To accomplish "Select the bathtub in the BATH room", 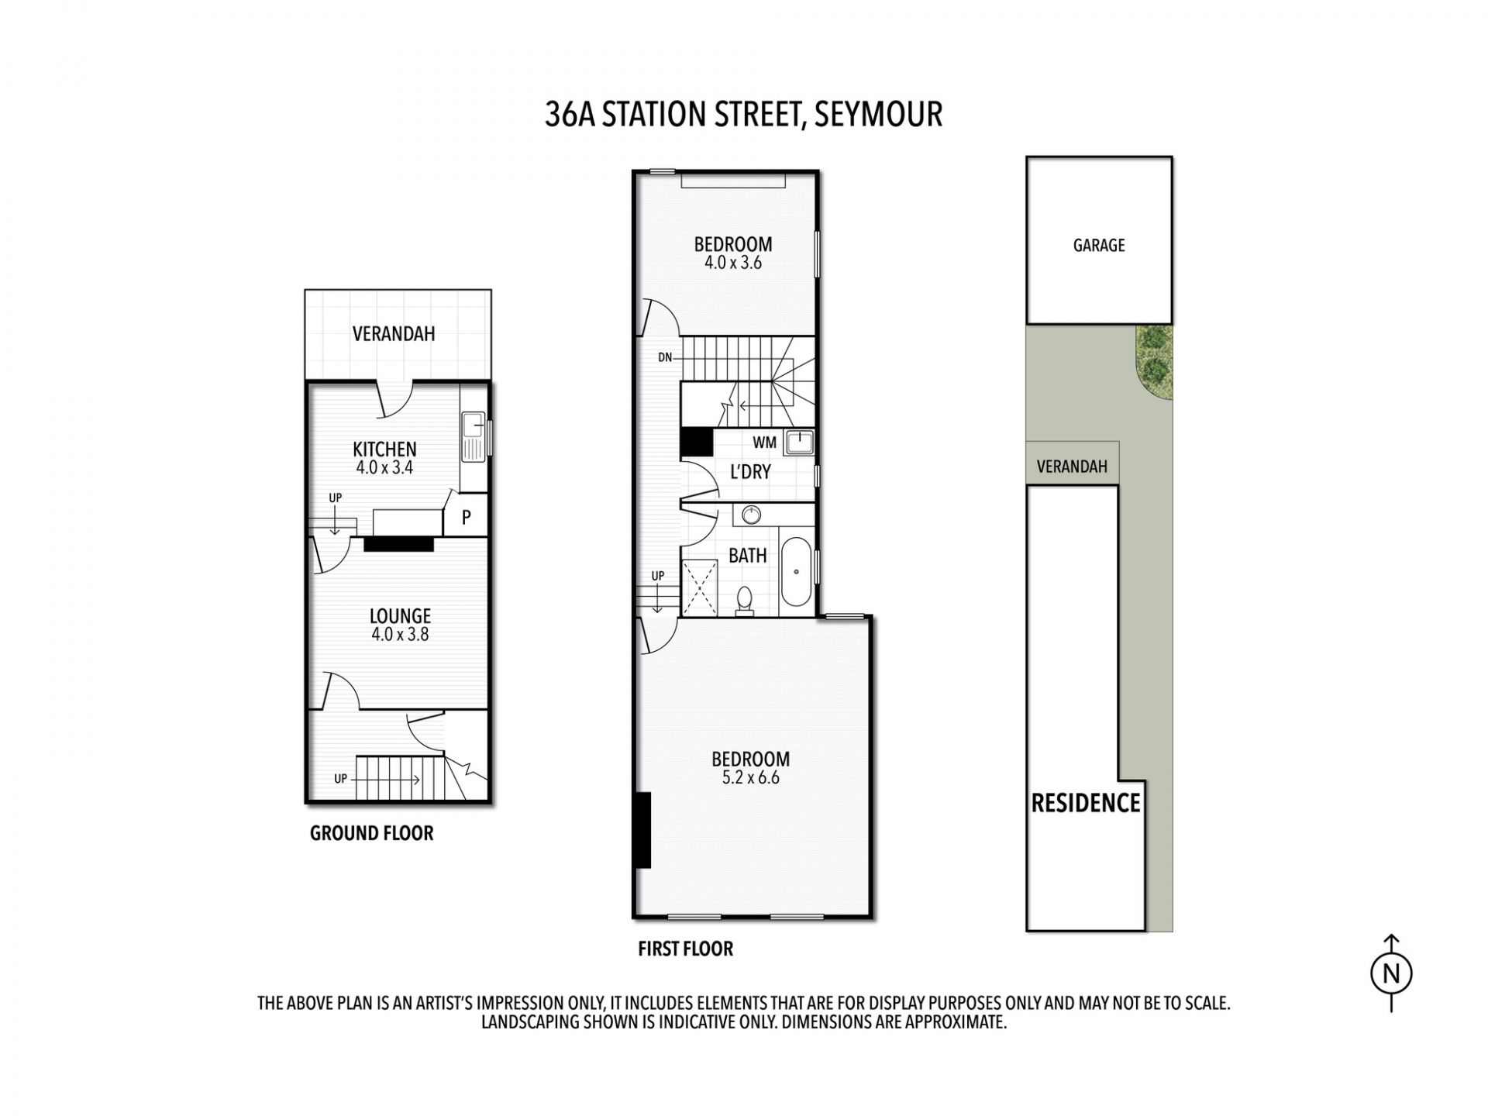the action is click(796, 572).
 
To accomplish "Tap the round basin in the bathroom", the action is click(751, 515).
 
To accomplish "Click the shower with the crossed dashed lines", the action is click(699, 588).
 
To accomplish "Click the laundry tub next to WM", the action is click(798, 443).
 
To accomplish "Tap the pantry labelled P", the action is click(466, 517).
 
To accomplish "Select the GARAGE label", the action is click(1098, 246).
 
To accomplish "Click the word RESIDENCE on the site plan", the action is click(1085, 804).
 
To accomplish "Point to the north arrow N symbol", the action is click(1391, 973).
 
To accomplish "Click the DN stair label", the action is click(665, 357).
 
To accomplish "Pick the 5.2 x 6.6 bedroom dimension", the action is click(750, 778).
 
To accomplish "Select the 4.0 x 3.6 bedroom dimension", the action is click(732, 263).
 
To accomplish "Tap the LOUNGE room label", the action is click(400, 616).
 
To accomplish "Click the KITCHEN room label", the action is click(384, 449).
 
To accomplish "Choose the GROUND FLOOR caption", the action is click(371, 834).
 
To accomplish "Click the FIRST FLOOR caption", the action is click(685, 949).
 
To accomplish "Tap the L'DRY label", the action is click(750, 471).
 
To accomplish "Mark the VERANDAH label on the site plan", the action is click(1072, 467).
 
